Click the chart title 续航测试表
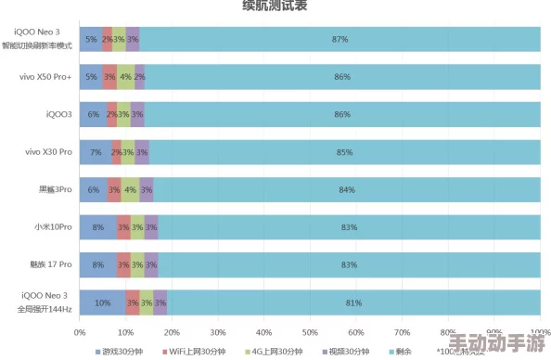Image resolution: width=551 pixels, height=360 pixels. pos(275,6)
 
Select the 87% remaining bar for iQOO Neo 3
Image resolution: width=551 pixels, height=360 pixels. pos(340,39)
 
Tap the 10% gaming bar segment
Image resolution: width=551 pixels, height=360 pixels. pos(102,303)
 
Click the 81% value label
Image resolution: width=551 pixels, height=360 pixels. pos(353,303)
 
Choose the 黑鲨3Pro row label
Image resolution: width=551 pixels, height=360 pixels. pos(55,189)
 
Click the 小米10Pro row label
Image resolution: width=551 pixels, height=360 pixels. pos(54,227)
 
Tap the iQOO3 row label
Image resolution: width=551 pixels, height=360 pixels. pos(58,114)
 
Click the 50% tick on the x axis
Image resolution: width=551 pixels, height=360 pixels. pos(311,331)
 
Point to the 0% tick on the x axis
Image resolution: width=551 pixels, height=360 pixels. pos(80,331)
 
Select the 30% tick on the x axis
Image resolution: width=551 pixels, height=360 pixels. pos(218,331)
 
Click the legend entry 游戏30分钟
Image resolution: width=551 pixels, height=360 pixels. pos(123,352)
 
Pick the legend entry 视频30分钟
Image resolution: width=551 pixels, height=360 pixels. pos(348,352)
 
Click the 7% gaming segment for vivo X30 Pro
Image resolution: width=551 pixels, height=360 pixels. pos(96,152)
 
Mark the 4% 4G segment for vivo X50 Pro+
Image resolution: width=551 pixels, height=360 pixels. pos(125,77)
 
